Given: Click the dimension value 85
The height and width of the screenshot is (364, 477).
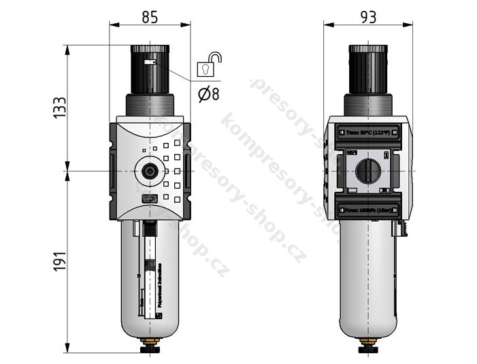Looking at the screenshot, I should pyautogui.click(x=150, y=16).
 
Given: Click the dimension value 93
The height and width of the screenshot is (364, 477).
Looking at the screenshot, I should pyautogui.click(x=368, y=16).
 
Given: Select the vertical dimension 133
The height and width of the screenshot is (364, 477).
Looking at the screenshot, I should pyautogui.click(x=60, y=108).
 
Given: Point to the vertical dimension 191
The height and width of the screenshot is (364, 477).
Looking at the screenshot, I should pyautogui.click(x=60, y=262).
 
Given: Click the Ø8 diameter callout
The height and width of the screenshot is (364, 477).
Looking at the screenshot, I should pyautogui.click(x=209, y=95).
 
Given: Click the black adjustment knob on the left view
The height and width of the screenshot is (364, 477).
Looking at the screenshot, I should pyautogui.click(x=150, y=69).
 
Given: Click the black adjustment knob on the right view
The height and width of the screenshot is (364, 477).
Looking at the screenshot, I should pyautogui.click(x=368, y=69).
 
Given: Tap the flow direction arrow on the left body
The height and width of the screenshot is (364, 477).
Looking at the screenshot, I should pyautogui.click(x=149, y=199).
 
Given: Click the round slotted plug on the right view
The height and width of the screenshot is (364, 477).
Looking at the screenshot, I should pyautogui.click(x=368, y=171).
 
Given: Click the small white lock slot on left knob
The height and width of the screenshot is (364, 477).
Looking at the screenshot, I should pyautogui.click(x=149, y=62).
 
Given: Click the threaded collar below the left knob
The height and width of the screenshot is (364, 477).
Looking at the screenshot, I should pyautogui.click(x=150, y=105).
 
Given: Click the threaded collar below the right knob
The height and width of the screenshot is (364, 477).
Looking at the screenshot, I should pyautogui.click(x=368, y=105).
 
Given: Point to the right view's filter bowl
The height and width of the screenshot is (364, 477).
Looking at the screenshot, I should pyautogui.click(x=368, y=279).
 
